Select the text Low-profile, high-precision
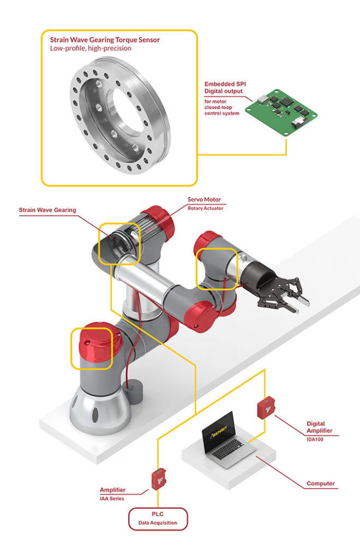[x=91, y=49]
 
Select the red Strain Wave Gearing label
[x=47, y=210]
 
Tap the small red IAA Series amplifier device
[x=158, y=479]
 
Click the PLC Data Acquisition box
[x=158, y=519]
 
